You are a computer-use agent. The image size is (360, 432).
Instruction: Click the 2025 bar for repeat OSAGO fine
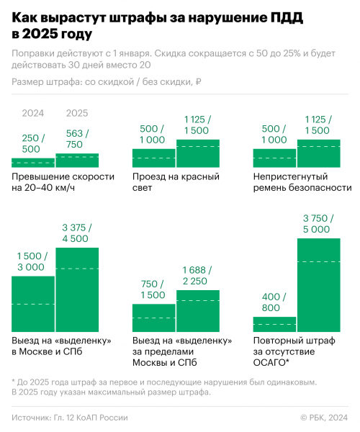tap(319, 285)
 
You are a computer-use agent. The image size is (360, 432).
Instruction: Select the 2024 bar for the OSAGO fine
tap(274, 325)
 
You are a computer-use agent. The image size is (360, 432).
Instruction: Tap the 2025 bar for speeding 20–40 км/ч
tap(77, 161)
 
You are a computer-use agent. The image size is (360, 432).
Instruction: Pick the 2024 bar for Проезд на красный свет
tap(153, 158)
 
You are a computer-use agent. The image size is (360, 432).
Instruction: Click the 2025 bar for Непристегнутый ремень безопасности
tap(319, 153)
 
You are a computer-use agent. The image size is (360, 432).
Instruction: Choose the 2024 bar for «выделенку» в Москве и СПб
tap(33, 304)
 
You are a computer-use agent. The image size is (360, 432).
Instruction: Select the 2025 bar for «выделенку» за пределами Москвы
tap(198, 311)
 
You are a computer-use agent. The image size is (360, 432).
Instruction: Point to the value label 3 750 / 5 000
tap(318, 224)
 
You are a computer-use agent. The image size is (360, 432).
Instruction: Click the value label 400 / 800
tap(274, 302)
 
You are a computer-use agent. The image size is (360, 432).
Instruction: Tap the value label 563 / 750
tap(77, 139)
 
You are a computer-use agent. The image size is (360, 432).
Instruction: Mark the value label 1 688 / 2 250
tap(197, 276)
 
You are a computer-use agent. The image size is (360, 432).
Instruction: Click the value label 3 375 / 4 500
tap(77, 233)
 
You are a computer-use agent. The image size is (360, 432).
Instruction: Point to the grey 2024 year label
tap(33, 113)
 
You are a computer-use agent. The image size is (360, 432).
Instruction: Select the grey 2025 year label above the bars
tap(77, 113)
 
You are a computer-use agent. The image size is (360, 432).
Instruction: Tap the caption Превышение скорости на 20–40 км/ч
tap(63, 182)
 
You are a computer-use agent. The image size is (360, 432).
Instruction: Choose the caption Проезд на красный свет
tap(176, 182)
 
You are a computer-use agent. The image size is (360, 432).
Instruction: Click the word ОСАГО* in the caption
tap(271, 363)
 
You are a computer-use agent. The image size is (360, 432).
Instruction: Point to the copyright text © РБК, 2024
tap(324, 418)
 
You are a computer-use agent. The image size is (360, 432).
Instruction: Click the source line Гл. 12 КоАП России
tap(91, 418)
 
